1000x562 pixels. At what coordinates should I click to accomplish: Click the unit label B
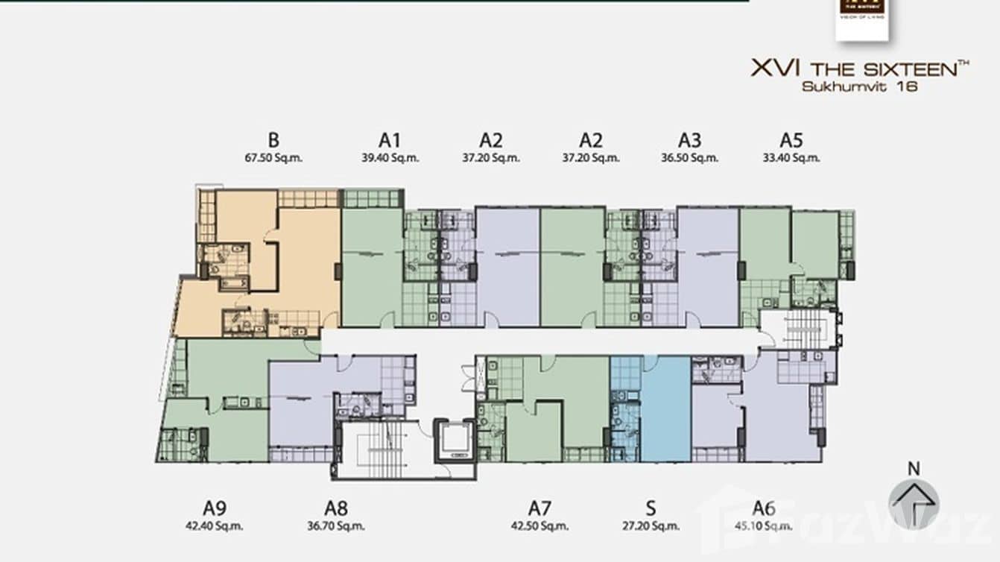(273, 140)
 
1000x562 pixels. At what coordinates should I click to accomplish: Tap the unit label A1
(390, 140)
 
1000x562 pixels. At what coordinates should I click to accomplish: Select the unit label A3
(689, 140)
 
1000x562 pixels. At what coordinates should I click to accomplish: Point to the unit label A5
(791, 140)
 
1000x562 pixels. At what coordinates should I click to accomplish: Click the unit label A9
(214, 508)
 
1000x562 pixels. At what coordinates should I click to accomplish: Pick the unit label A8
(336, 508)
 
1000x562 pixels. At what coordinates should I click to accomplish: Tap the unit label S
(651, 508)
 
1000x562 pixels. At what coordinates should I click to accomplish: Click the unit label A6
(764, 508)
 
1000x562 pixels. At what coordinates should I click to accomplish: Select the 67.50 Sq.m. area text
(273, 158)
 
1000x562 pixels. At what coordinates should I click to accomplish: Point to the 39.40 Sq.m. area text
(390, 158)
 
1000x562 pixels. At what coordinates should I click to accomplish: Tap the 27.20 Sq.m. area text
(651, 525)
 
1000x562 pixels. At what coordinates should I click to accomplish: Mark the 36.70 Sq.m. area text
(336, 525)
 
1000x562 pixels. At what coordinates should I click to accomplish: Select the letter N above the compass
(914, 469)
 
